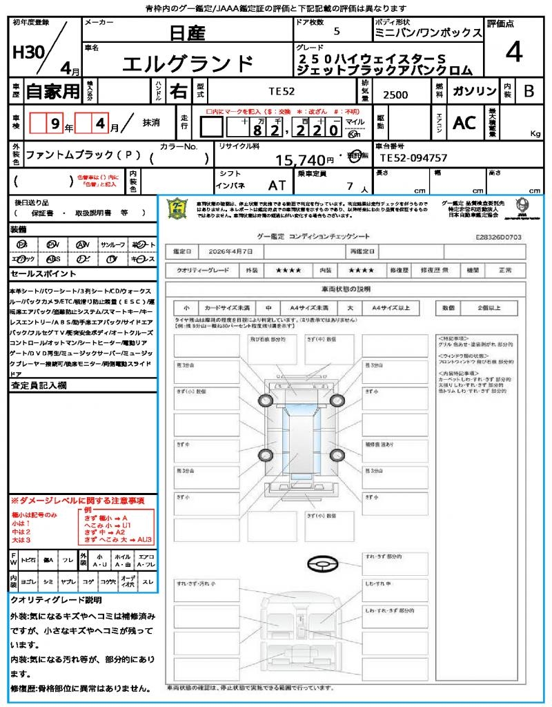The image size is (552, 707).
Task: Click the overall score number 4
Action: pyautogui.click(x=513, y=52)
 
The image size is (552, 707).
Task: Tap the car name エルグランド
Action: pyautogui.click(x=188, y=64)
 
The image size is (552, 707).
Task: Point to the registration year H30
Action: pyautogui.click(x=26, y=52)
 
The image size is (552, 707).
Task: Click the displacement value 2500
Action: pyautogui.click(x=395, y=95)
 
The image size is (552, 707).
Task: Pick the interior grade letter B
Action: pyautogui.click(x=529, y=91)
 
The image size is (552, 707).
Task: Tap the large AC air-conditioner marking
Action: pyautogui.click(x=464, y=124)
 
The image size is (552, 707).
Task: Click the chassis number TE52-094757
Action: pyautogui.click(x=413, y=158)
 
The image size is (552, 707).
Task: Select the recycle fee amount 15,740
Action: pyautogui.click(x=300, y=160)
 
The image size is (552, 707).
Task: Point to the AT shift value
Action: pyautogui.click(x=277, y=186)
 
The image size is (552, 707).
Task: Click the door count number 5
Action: pyautogui.click(x=336, y=31)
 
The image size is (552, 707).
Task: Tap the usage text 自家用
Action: pyautogui.click(x=53, y=91)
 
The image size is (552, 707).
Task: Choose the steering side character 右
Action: pyautogui.click(x=179, y=91)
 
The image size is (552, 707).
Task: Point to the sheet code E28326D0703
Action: pyautogui.click(x=498, y=236)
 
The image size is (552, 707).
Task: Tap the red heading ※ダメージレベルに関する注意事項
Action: pyautogui.click(x=77, y=500)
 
